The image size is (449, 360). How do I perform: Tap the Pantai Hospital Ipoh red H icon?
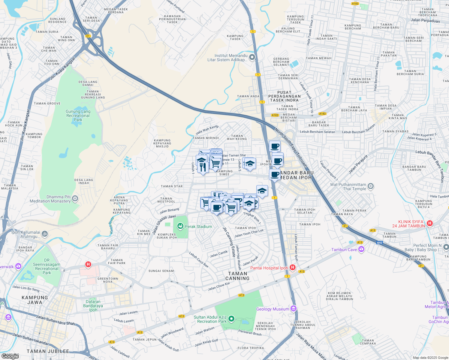[293, 267]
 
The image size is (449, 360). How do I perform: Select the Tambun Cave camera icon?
[361, 249]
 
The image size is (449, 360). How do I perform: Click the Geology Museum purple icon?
[294, 309]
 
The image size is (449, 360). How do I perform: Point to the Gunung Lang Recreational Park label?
[78, 115]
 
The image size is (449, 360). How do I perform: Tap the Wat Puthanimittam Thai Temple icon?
[371, 186]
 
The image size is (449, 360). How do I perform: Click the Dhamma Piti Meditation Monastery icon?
[75, 198]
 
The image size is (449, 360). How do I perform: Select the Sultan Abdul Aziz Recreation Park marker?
[231, 319]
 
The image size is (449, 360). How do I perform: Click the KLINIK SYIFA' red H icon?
[430, 223]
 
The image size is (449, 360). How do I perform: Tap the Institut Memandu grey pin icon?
[252, 57]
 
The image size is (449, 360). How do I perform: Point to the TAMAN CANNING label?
[237, 276]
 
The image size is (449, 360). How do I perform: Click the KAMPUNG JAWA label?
[35, 300]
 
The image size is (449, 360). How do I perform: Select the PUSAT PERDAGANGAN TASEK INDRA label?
[284, 96]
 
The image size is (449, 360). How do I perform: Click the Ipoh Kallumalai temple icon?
[44, 234]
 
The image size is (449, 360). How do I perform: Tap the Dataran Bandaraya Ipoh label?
[93, 306]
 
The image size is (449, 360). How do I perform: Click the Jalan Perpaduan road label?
[425, 21]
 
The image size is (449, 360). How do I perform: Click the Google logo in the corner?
[10, 356]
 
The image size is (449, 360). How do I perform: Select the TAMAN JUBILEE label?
[48, 351]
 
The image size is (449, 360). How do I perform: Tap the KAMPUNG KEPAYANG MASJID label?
[162, 143]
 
